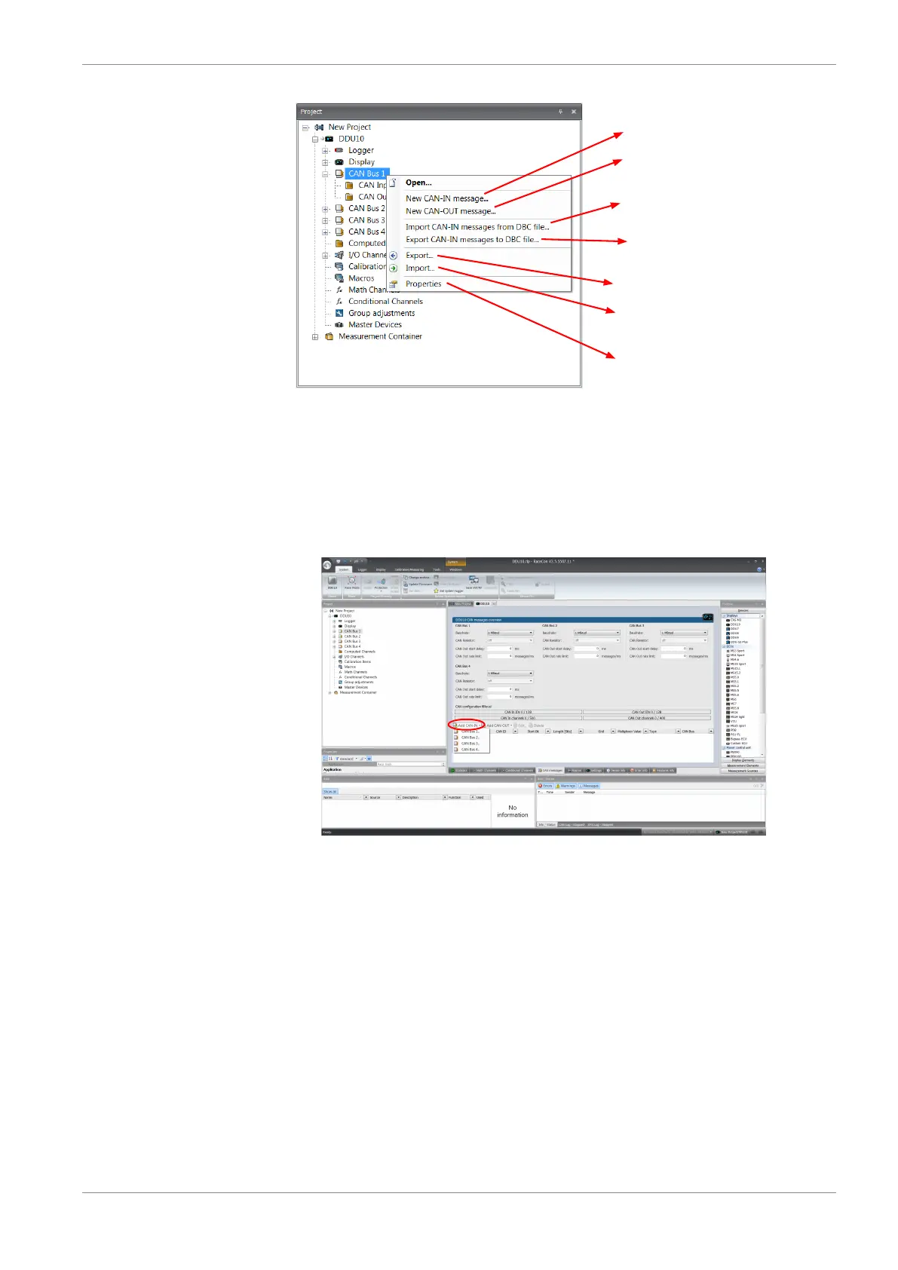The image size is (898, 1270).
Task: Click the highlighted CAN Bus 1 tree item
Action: (366, 173)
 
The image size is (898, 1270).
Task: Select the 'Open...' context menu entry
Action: (418, 183)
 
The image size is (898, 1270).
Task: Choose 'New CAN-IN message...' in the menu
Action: (446, 198)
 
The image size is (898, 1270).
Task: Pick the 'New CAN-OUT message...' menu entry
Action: (450, 211)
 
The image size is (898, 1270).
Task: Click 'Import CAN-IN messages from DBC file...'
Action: (477, 227)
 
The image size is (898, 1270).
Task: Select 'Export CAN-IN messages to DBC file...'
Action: (472, 240)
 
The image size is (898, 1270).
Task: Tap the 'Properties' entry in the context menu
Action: (423, 284)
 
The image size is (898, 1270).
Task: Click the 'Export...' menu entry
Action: (419, 256)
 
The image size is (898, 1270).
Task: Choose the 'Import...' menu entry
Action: (419, 268)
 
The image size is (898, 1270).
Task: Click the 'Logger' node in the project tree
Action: (360, 150)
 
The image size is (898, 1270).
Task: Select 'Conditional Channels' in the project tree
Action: (385, 302)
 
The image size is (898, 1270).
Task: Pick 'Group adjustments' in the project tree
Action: (381, 313)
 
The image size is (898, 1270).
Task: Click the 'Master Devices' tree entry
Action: (374, 325)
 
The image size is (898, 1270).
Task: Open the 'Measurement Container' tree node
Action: (379, 336)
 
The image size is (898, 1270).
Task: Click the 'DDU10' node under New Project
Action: (351, 139)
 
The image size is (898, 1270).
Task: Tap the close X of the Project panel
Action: (574, 112)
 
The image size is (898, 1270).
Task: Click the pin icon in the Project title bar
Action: (560, 112)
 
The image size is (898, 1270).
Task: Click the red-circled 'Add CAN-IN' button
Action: (466, 725)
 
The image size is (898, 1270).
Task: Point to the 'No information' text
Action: (512, 811)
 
